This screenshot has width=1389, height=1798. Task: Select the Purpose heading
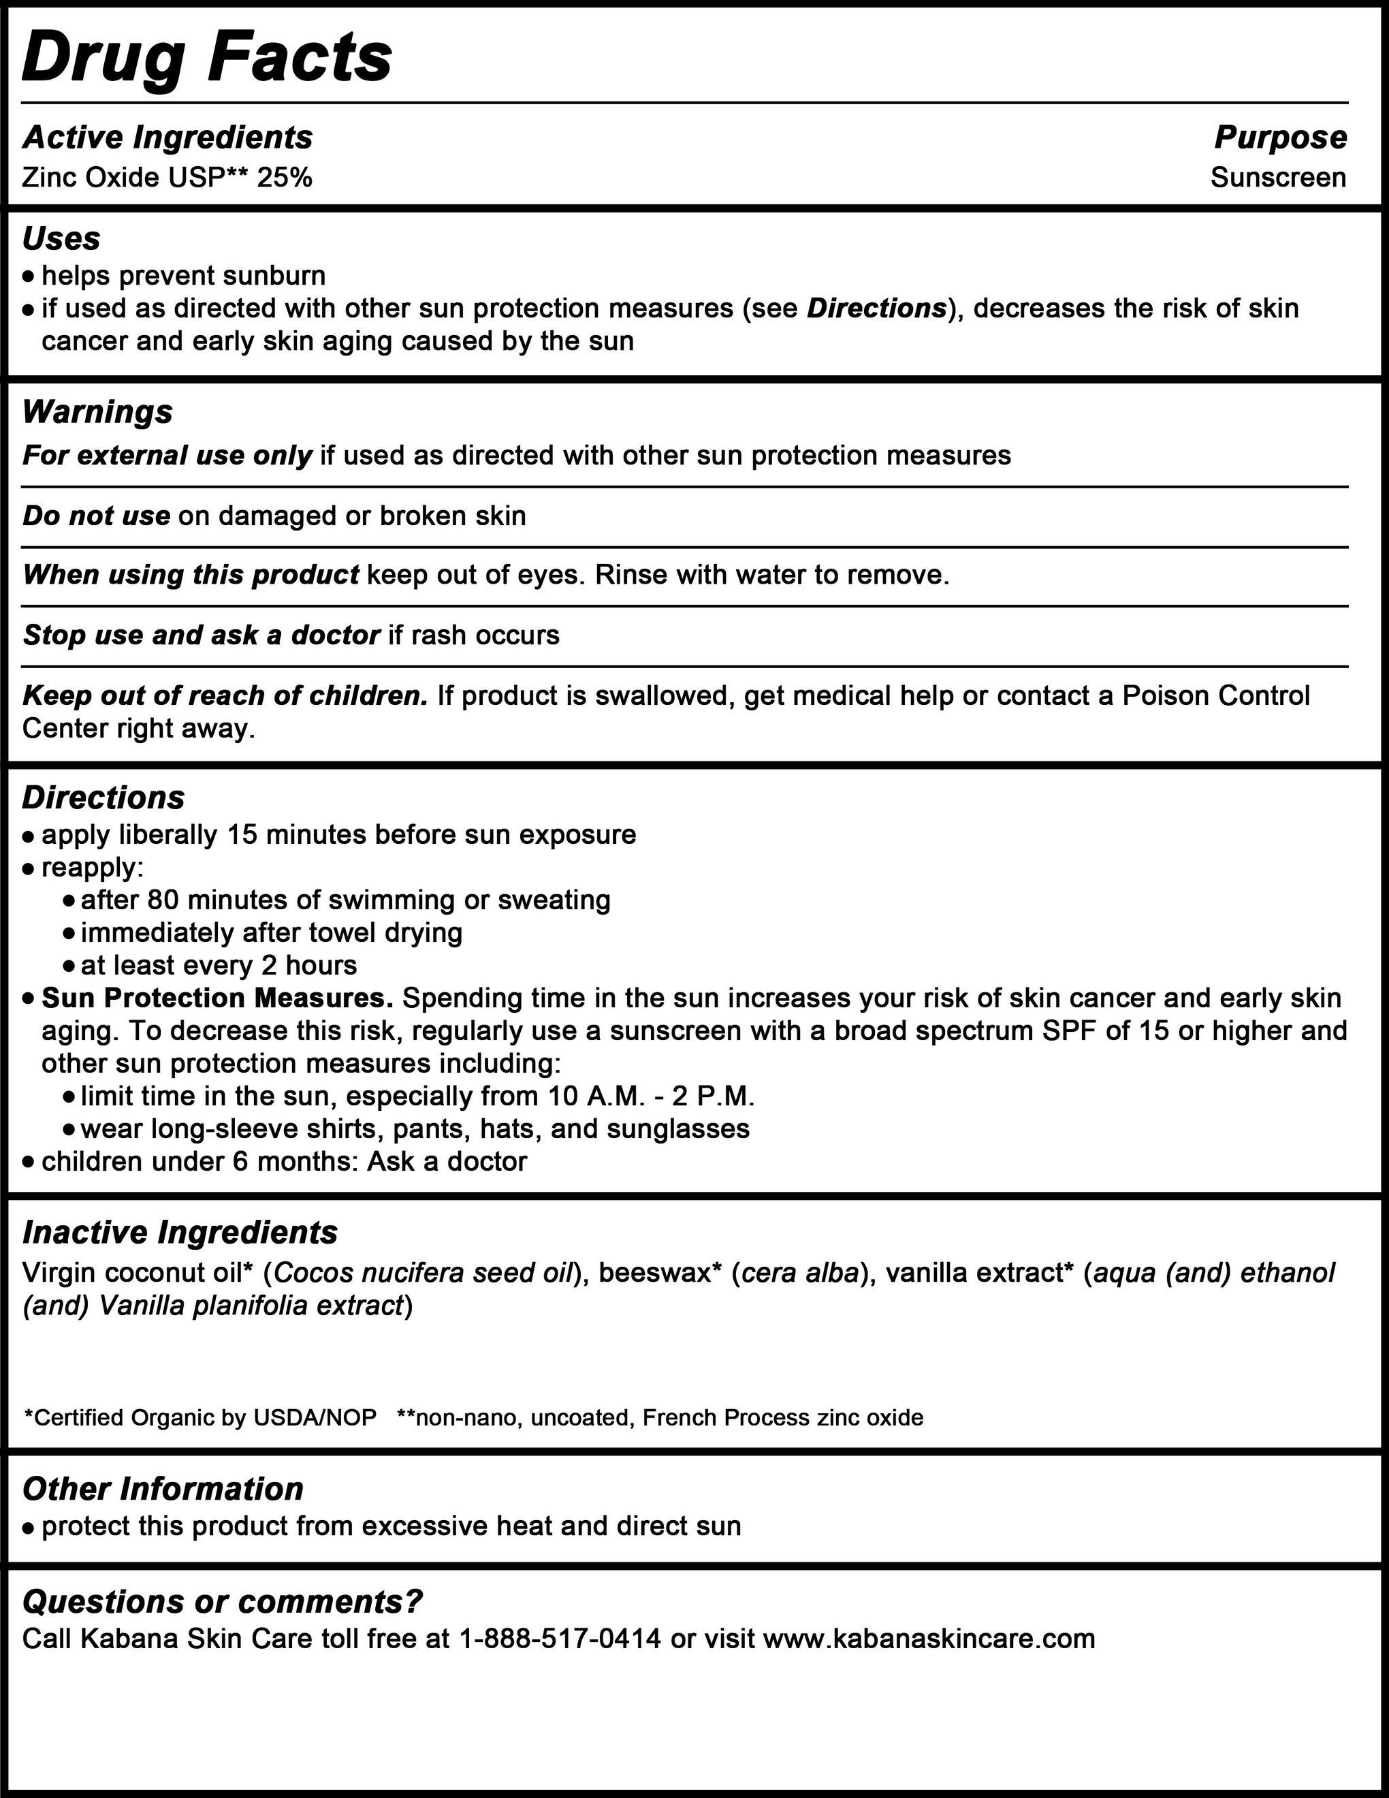(1280, 138)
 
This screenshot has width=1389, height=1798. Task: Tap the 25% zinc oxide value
(285, 178)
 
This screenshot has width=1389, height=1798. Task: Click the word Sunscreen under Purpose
(1278, 178)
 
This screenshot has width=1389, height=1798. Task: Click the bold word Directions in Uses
(876, 309)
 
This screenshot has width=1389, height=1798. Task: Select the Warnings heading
(97, 411)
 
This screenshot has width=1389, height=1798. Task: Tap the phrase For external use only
(167, 455)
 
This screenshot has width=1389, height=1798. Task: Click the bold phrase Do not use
(96, 516)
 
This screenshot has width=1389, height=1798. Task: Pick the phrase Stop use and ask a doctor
(202, 635)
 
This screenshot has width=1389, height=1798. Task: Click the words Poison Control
(1216, 695)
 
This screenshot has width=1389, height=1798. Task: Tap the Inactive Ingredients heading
(179, 1233)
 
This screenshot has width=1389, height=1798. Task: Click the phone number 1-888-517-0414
(560, 1638)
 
